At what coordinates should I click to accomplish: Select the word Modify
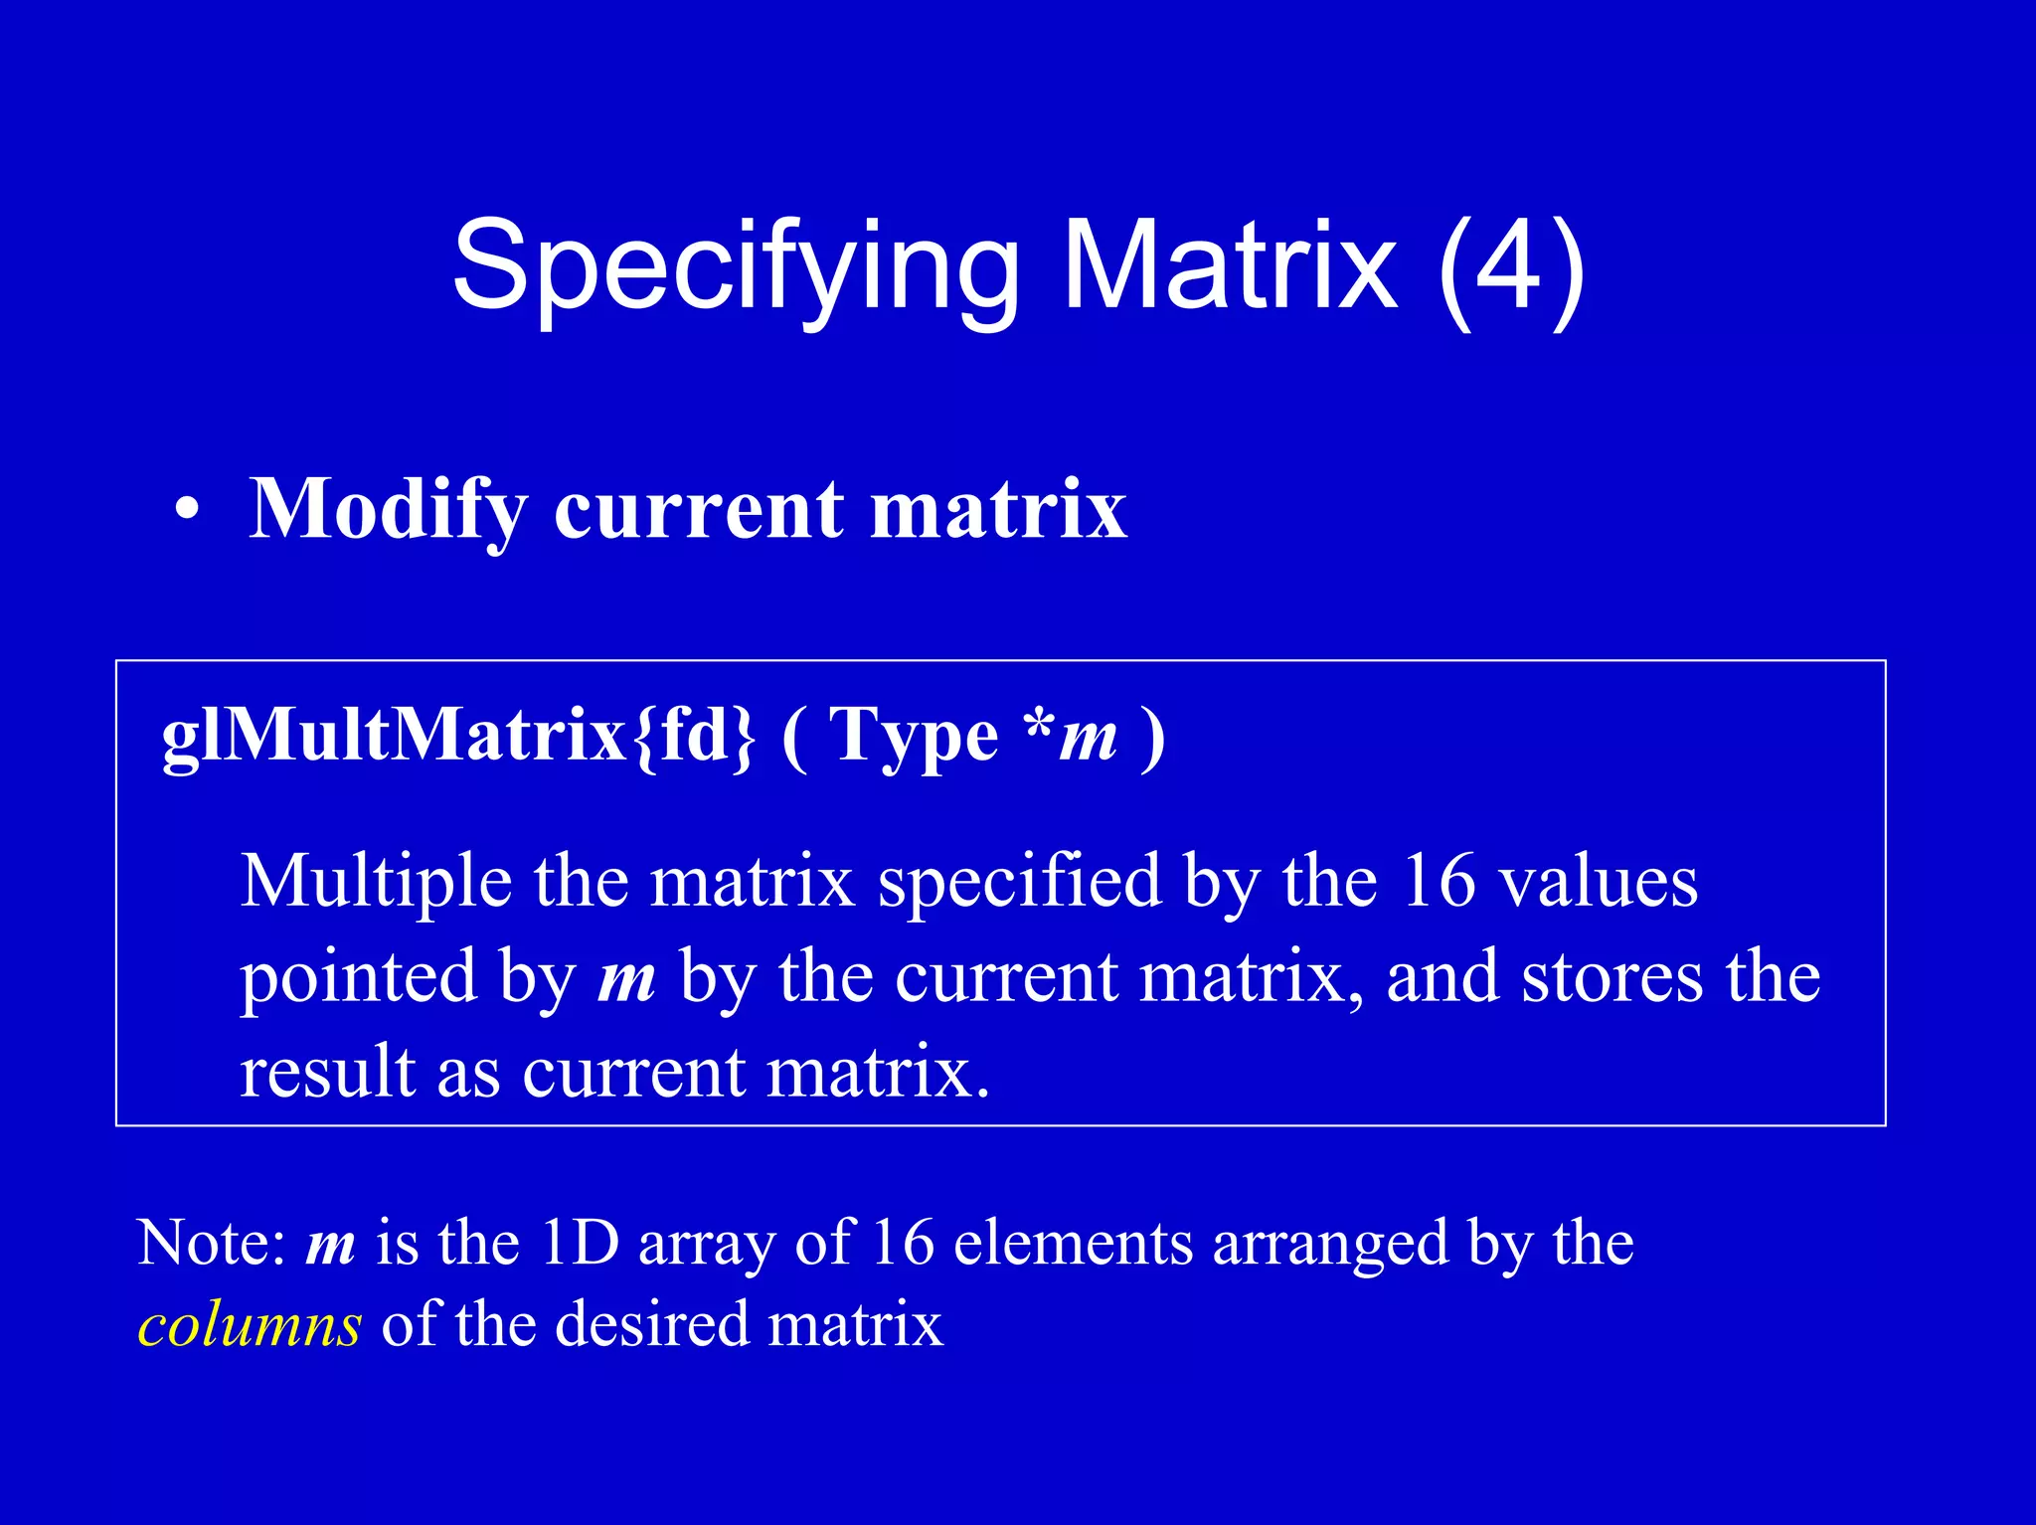click(388, 510)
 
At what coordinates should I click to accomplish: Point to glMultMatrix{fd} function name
click(458, 737)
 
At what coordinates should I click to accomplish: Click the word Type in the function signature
click(914, 737)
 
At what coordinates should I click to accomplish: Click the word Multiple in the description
click(377, 882)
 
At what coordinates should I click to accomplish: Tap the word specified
click(1020, 882)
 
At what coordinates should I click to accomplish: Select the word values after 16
click(1598, 882)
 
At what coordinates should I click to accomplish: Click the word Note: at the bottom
click(212, 1243)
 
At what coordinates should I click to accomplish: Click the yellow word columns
click(250, 1325)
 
